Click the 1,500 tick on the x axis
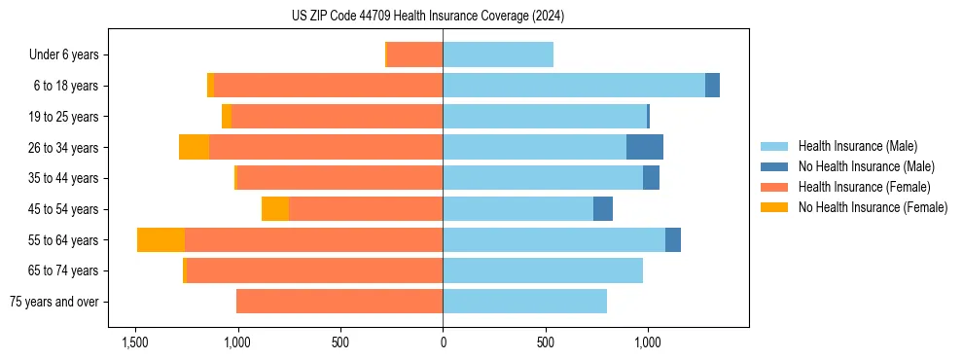click(x=134, y=342)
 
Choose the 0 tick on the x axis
click(x=443, y=342)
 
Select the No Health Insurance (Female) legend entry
click(x=873, y=207)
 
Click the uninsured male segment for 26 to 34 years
click(x=645, y=147)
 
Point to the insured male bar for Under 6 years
click(x=498, y=54)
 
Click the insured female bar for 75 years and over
click(x=339, y=302)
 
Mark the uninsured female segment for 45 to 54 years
click(x=275, y=209)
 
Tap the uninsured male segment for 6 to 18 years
click(x=712, y=86)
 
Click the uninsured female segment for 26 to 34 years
click(x=194, y=147)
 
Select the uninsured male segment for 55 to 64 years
click(x=673, y=240)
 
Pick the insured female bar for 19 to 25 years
click(x=337, y=117)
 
